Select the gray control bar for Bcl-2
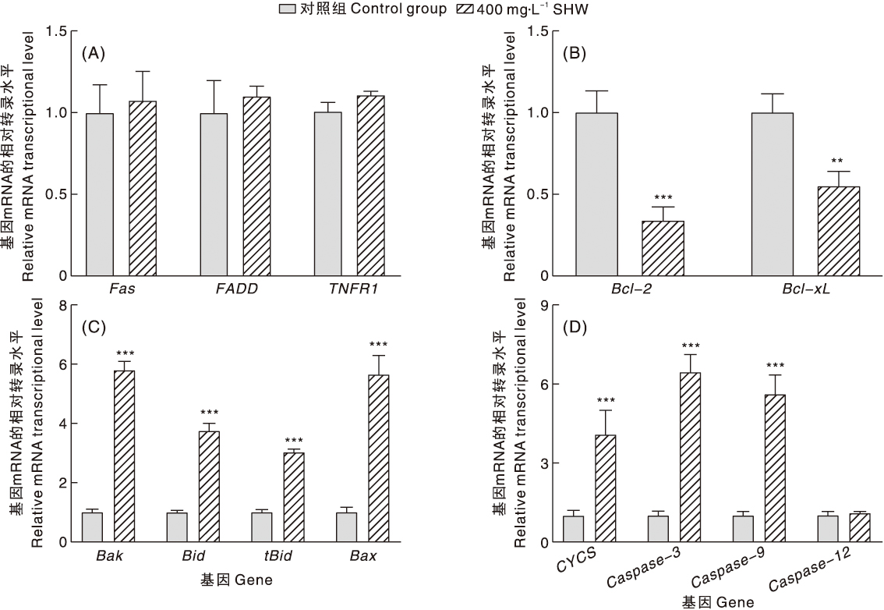coord(596,194)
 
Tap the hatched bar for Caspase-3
coord(691,456)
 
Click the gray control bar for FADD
coord(214,194)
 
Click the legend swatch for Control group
coord(287,10)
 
